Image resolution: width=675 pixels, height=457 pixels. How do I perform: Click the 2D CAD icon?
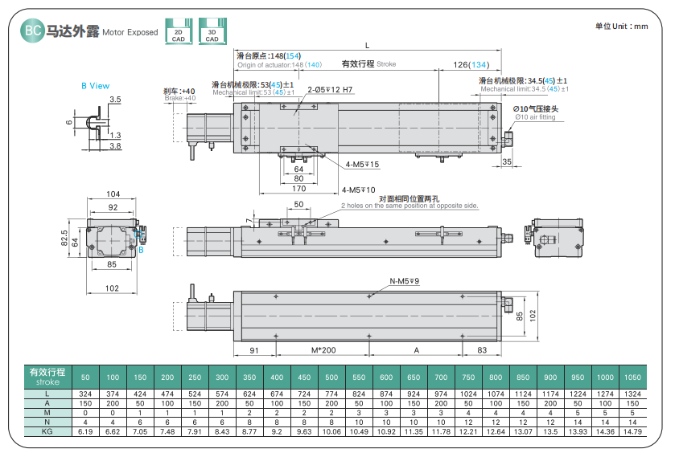(178, 31)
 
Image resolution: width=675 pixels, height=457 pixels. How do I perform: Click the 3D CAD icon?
(212, 31)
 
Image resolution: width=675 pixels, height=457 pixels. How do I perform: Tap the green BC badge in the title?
(33, 31)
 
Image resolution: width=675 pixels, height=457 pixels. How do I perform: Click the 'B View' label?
(95, 86)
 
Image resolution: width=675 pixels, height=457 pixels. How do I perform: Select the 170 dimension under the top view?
(298, 189)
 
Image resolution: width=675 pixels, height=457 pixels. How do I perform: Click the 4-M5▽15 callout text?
(362, 165)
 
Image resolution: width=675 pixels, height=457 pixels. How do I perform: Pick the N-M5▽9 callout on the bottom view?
(405, 281)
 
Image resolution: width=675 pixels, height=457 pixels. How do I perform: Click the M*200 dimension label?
(322, 351)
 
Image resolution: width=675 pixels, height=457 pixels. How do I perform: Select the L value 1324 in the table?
(632, 394)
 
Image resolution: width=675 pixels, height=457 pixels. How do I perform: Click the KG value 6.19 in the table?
(85, 431)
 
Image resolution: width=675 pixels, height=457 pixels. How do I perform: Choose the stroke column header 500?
(331, 377)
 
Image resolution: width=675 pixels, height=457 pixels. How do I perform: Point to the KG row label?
(47, 431)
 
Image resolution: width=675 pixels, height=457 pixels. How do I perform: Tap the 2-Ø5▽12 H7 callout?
(330, 90)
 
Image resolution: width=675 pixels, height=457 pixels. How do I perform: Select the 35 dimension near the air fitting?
(506, 161)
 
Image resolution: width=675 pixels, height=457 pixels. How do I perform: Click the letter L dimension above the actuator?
(368, 44)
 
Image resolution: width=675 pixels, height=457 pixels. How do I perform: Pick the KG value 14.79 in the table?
(632, 431)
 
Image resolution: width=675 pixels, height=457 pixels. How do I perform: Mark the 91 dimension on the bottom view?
(253, 351)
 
